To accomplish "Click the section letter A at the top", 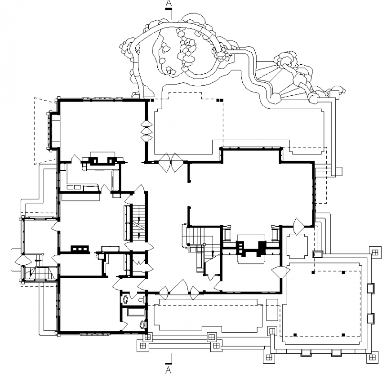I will [x=169, y=4].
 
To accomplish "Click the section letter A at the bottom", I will [x=169, y=370].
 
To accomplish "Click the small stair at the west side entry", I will [x=40, y=272].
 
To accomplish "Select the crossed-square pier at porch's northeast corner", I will [x=373, y=253].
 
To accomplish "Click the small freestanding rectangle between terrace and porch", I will [x=272, y=309].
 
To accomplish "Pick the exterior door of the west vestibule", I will [x=21, y=260].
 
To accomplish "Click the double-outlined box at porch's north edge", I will [x=317, y=254].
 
